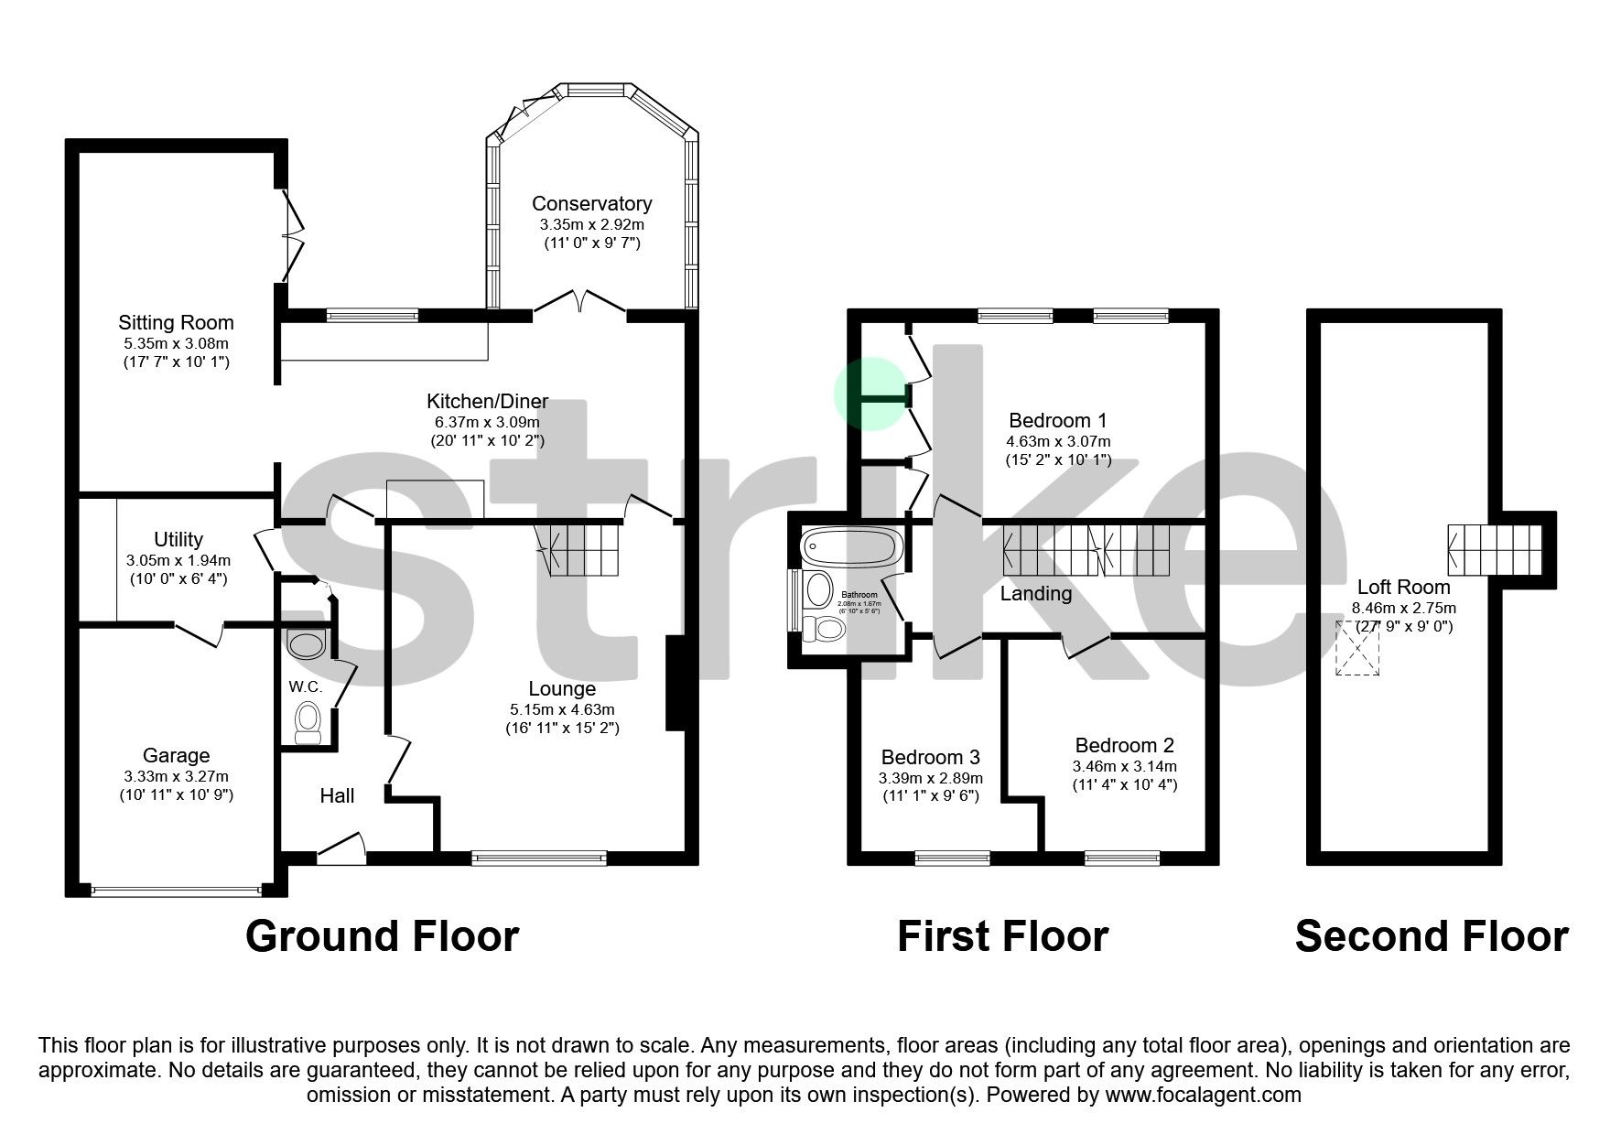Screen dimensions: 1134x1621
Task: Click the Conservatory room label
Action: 591,203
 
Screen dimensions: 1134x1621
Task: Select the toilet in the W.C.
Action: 307,723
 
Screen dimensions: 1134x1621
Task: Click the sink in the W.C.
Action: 306,644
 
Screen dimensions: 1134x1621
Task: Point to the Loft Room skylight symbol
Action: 1357,648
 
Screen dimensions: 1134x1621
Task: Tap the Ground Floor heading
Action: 382,936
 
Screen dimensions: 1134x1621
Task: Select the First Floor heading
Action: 1002,936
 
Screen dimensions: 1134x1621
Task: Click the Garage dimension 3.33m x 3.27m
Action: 176,776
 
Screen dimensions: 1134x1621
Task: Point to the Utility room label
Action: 178,539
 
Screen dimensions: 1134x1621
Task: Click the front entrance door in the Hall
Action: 341,848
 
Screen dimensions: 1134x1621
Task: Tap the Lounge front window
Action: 539,858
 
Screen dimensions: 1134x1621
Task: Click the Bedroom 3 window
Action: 952,858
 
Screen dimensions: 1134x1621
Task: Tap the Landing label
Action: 1035,594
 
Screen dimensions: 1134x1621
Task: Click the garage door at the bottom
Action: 176,889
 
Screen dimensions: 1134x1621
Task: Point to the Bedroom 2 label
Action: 1124,745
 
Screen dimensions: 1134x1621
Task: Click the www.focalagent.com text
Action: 1203,1094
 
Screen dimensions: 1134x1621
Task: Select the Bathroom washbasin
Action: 817,590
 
